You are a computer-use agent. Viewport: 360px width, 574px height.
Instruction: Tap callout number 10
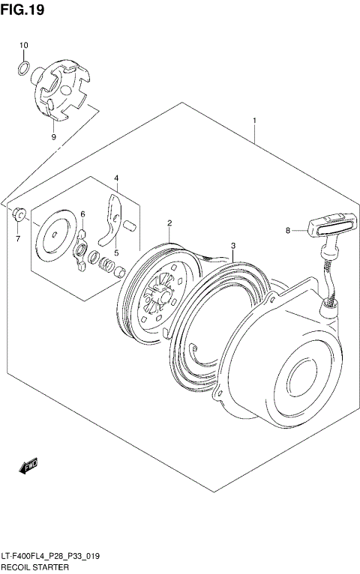tap(23, 46)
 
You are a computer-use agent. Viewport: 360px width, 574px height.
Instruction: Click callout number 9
tap(53, 137)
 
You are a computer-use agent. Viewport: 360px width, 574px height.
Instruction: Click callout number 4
tap(116, 178)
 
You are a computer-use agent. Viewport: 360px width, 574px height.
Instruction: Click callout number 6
tap(83, 214)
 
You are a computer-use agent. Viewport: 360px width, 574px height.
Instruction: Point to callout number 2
tap(170, 223)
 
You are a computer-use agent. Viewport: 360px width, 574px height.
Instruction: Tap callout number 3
tap(233, 246)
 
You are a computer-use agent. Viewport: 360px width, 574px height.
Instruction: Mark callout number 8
tap(287, 231)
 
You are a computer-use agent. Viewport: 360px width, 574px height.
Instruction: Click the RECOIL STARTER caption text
tap(35, 567)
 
